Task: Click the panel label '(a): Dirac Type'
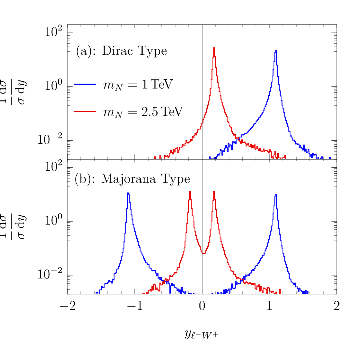tap(121, 51)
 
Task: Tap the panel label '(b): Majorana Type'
tap(132, 179)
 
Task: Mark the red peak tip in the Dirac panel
tap(214, 48)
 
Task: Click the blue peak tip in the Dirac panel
tap(276, 51)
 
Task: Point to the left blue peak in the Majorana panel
tap(128, 193)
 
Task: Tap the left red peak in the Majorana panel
tap(190, 191)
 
